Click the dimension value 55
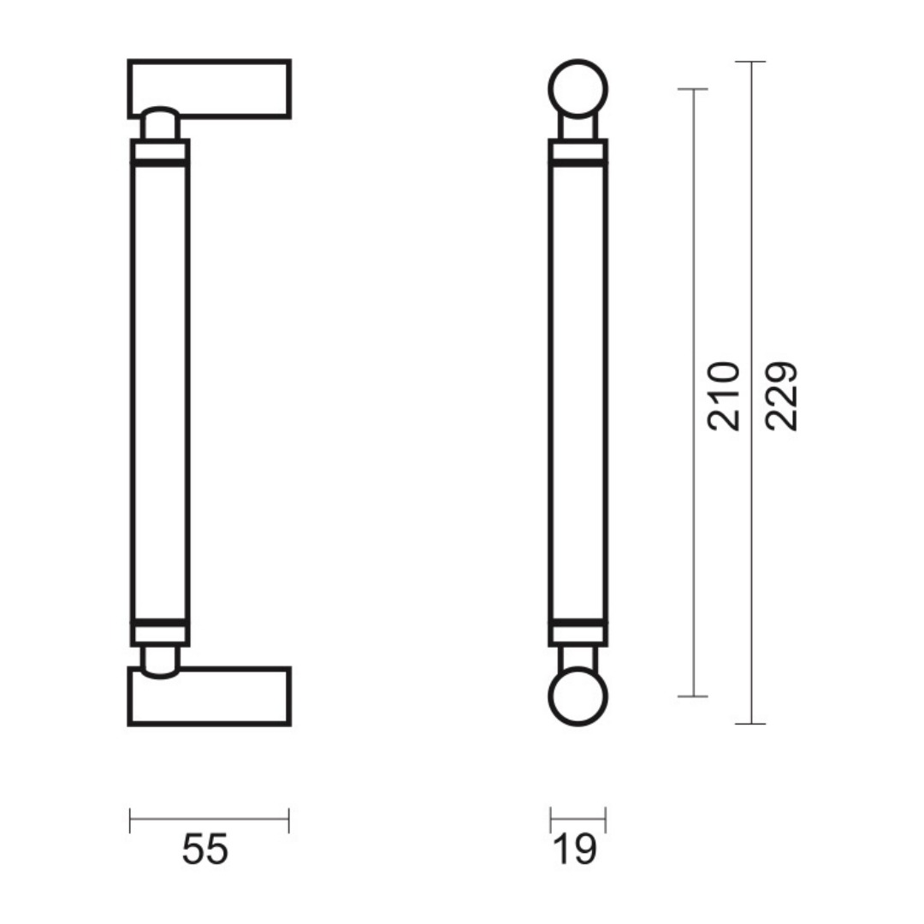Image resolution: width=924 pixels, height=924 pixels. coord(204,850)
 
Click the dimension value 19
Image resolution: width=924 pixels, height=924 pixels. coord(576,850)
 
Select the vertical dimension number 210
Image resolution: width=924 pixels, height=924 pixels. coord(724,397)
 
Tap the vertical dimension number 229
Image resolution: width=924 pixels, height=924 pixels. coord(781,397)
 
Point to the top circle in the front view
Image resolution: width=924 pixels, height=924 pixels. coord(577,89)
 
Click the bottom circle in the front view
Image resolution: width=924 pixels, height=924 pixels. coord(577,696)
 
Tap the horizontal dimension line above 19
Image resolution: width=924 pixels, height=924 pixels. coord(578,819)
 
